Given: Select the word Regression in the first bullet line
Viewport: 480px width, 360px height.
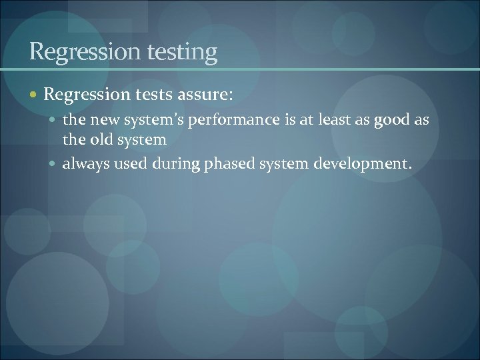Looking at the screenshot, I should (84, 95).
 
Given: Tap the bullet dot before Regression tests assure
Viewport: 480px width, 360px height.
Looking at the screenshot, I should (34, 95).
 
